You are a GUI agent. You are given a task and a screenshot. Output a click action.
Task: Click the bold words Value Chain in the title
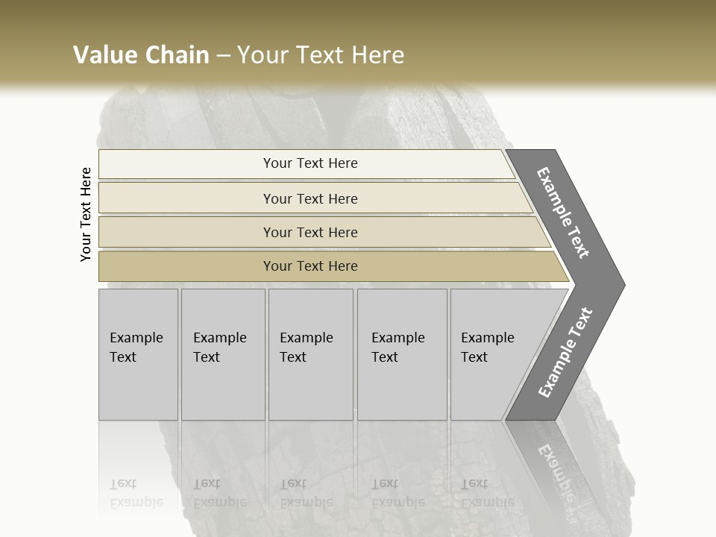point(141,55)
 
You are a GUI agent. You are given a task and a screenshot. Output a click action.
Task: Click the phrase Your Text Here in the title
point(321,55)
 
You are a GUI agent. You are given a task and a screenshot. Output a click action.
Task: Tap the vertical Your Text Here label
point(86,214)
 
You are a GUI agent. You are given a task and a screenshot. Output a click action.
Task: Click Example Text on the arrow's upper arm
point(563,213)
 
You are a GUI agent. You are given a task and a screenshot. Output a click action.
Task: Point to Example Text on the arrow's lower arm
point(565,352)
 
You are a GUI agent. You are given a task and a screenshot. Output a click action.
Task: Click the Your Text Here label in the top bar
point(310,163)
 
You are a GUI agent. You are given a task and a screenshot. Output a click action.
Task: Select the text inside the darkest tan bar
point(310,266)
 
